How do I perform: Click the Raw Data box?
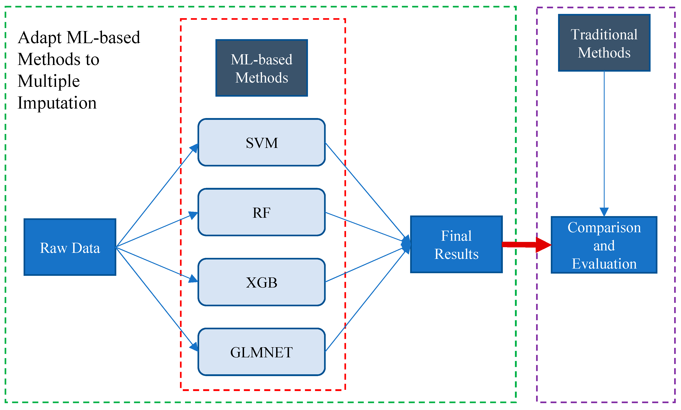click(70, 247)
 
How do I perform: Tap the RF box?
click(261, 212)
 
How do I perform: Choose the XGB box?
click(261, 282)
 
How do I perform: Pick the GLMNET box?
click(261, 352)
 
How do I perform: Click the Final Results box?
click(456, 245)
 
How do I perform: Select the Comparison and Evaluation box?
click(604, 245)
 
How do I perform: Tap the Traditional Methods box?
click(604, 43)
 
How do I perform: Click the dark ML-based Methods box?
click(261, 68)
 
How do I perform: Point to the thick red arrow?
click(524, 245)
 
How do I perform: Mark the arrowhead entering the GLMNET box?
click(194, 346)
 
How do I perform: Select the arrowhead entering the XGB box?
click(193, 279)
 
